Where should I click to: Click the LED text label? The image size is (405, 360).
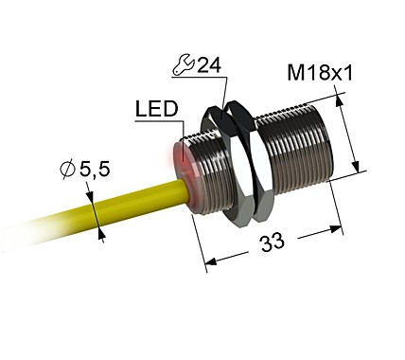156,111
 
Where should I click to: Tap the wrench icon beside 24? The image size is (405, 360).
185,67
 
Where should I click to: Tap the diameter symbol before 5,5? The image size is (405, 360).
67,171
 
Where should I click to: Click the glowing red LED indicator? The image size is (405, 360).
177,158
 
